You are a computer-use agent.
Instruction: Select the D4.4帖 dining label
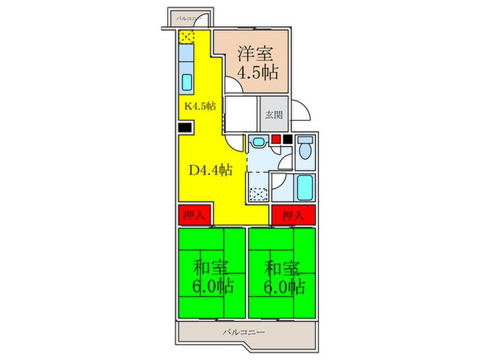pos(210,170)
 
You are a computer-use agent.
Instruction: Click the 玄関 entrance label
pos(274,115)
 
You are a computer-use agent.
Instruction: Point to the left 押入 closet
pos(194,215)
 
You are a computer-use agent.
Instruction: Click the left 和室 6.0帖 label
pos(211,276)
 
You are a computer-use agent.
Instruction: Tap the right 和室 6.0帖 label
pos(281,276)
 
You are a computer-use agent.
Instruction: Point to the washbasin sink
pos(258,143)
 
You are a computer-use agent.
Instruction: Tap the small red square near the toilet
pos(276,140)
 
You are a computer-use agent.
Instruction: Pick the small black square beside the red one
pos(287,140)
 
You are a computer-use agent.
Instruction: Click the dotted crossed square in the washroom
pos(258,194)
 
